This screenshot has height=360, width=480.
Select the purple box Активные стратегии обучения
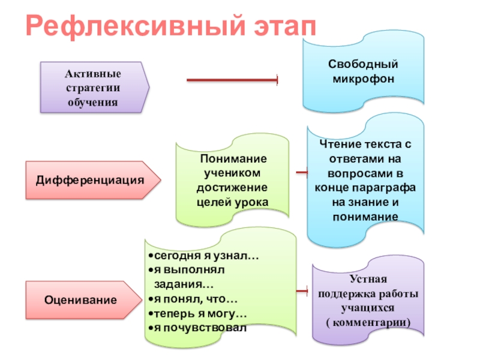93,88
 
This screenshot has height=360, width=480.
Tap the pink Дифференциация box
90,180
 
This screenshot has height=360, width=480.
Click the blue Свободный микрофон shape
364,72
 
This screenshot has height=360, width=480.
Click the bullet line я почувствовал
197,328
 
